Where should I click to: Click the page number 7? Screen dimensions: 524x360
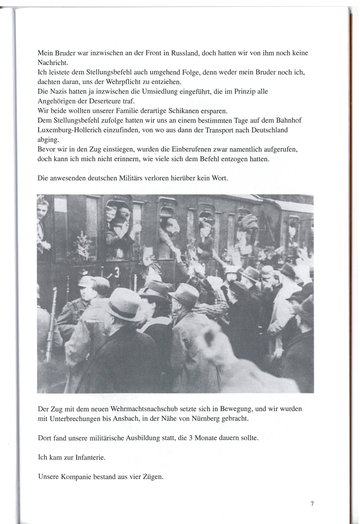click(x=312, y=504)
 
